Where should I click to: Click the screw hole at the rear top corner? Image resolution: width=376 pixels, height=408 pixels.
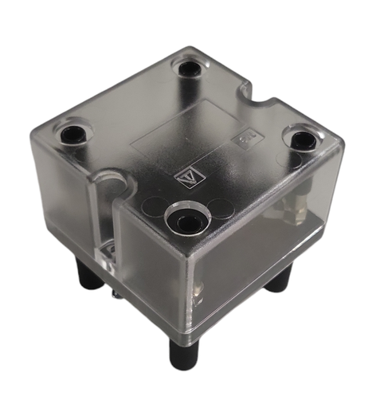pyautogui.click(x=189, y=69)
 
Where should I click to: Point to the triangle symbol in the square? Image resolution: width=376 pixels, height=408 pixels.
pyautogui.click(x=182, y=172)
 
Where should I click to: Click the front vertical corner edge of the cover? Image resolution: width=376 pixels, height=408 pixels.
pyautogui.click(x=185, y=287)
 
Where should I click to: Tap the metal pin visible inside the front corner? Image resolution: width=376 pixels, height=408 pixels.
pyautogui.click(x=194, y=291)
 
